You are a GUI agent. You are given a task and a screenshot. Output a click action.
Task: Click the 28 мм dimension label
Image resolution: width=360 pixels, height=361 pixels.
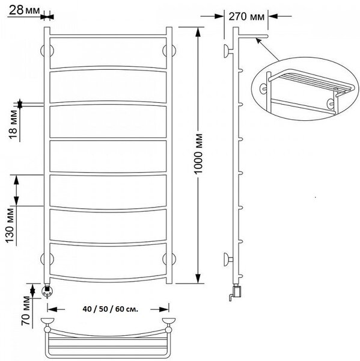(x=24, y=10)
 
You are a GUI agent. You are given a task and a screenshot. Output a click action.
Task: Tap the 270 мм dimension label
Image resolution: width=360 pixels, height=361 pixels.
(x=246, y=17)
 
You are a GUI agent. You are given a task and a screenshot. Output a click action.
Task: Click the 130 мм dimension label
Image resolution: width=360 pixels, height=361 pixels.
(x=10, y=226)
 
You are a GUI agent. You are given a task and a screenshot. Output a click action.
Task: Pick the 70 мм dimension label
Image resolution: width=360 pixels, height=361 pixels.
(x=26, y=311)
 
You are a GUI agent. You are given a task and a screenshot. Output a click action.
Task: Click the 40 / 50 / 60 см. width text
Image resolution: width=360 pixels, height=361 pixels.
(x=111, y=309)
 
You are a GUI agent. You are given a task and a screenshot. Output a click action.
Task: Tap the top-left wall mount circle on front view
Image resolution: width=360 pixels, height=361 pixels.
(x=47, y=51)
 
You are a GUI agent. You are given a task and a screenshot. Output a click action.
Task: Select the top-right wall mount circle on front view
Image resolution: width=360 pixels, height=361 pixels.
(x=169, y=51)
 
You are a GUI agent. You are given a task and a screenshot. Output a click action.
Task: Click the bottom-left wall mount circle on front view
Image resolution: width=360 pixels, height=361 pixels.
(x=47, y=259)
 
